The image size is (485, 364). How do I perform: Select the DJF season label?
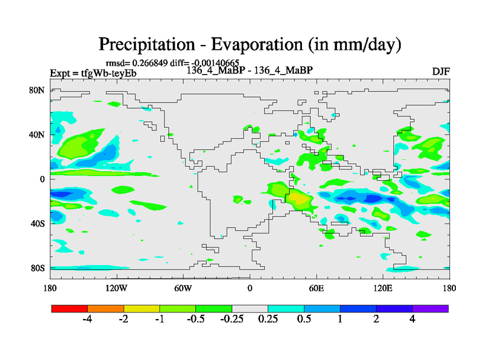[440, 72]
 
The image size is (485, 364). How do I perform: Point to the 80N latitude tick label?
[38, 90]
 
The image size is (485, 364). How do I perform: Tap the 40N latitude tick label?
[38, 134]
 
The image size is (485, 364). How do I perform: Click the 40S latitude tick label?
[38, 223]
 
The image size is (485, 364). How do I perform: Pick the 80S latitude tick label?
[38, 268]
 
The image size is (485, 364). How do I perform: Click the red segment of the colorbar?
[70, 308]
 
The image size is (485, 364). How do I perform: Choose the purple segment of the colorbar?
[430, 308]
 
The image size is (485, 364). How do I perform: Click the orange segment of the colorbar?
[105, 308]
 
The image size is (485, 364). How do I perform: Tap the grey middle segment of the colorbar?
[250, 308]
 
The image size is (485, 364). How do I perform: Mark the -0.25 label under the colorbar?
[232, 320]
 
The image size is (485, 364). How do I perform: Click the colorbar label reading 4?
[412, 320]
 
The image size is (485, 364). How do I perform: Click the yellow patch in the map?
[297, 197]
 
